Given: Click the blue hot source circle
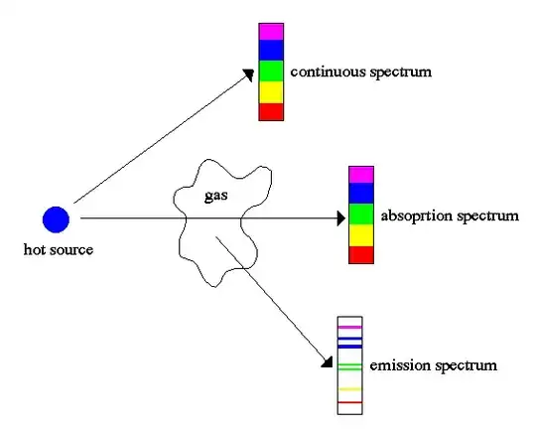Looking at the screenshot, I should pos(56,218).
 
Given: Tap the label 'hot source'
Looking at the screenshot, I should pos(58,249).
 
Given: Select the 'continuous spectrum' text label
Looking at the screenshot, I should pos(347,72).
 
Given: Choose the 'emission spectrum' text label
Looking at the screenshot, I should pos(432,366).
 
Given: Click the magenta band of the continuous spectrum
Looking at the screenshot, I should pos(271,31).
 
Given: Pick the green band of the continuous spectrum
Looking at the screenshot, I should pos(271,71).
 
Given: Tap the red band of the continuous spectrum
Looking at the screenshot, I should pos(271,111).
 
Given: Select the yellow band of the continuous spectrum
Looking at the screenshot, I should pos(271,91).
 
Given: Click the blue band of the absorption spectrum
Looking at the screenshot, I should pos(360,194).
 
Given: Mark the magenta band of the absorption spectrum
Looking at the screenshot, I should pos(360,175).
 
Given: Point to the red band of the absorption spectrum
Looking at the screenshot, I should pos(360,255).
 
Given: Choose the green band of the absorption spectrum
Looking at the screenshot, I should pos(360,214).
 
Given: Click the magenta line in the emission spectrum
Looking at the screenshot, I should pos(350,327).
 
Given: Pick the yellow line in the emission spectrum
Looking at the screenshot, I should pos(350,388).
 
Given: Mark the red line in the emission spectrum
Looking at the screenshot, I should pos(350,402).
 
